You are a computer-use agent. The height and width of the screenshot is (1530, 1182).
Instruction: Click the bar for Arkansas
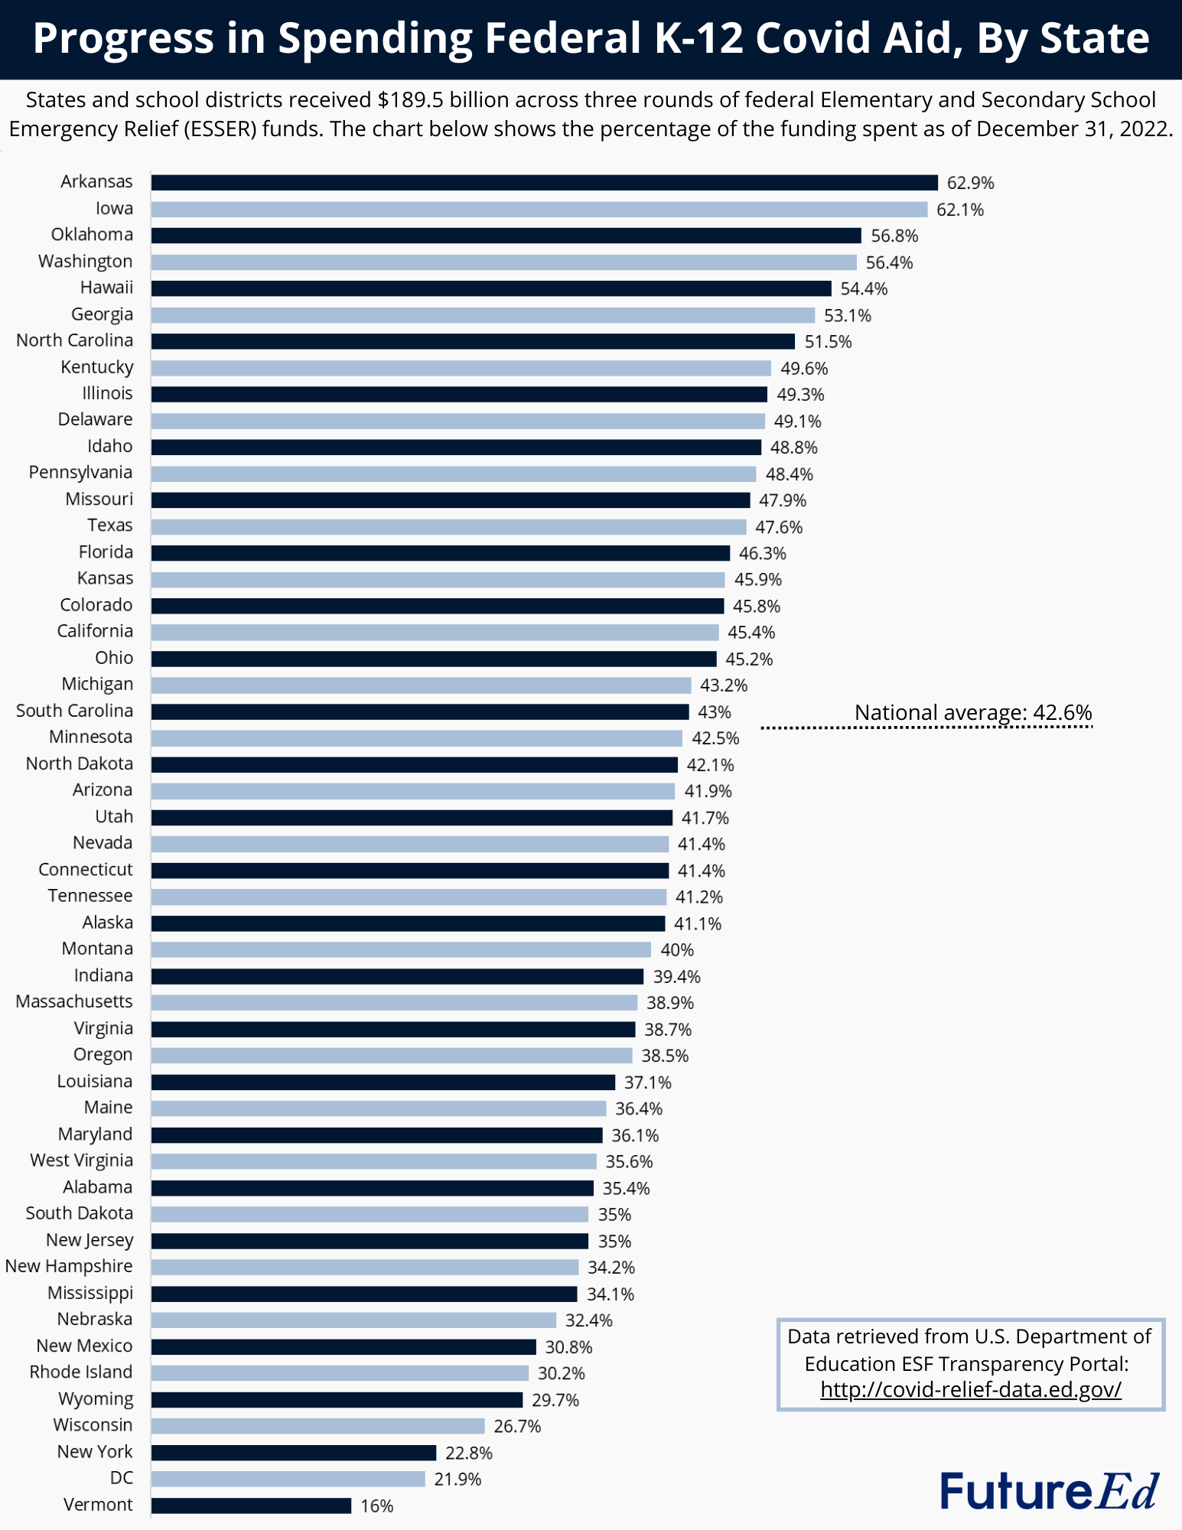click(544, 182)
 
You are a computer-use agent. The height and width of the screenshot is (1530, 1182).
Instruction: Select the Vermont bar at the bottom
click(251, 1506)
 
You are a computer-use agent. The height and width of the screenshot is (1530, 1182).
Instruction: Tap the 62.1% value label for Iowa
click(960, 210)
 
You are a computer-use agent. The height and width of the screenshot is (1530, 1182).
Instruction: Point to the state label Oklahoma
click(92, 235)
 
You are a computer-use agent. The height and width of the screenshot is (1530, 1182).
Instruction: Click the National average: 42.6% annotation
click(973, 712)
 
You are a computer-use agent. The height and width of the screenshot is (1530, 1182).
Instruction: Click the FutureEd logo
click(1049, 1491)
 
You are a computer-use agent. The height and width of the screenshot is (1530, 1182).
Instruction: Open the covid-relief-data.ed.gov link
click(970, 1389)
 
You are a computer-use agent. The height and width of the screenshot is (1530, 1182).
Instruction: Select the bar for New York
click(293, 1453)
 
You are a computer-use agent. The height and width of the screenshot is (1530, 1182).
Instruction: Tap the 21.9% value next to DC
click(457, 1480)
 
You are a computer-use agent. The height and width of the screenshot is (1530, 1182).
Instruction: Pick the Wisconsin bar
click(317, 1426)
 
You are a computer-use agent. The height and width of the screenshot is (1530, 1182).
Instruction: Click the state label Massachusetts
click(74, 1001)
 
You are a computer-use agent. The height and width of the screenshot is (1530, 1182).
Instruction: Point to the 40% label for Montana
click(677, 950)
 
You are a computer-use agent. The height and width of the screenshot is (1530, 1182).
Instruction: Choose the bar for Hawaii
click(490, 288)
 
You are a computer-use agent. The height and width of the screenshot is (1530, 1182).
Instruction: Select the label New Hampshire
click(69, 1266)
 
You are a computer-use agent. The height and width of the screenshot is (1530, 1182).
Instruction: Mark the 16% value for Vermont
click(377, 1506)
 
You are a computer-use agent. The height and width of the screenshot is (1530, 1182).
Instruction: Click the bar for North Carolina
click(473, 341)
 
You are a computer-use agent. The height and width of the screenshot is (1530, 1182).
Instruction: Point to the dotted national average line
click(926, 728)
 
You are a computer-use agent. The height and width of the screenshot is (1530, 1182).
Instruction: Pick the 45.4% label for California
click(751, 633)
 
